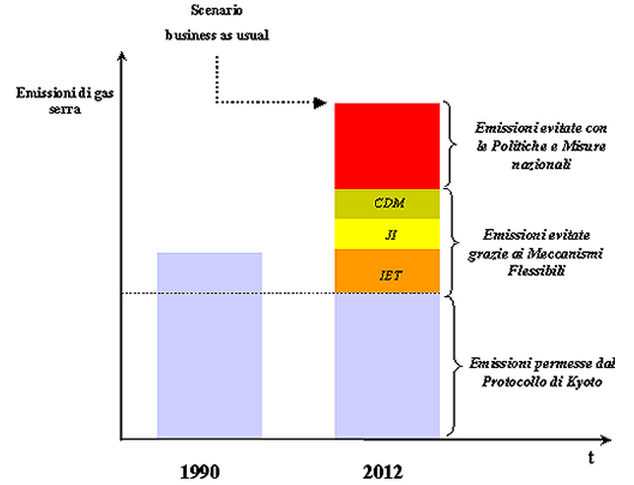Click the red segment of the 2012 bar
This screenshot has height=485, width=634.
387,146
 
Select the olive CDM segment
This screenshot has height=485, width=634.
387,204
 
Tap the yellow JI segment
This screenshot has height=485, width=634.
387,234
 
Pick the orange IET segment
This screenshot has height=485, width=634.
387,271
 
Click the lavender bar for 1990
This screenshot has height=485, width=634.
209,344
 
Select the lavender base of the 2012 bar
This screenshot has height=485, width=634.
387,364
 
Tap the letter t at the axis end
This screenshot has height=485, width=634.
591,458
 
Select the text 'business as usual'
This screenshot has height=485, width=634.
217,35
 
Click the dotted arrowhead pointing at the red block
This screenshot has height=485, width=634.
321,103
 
